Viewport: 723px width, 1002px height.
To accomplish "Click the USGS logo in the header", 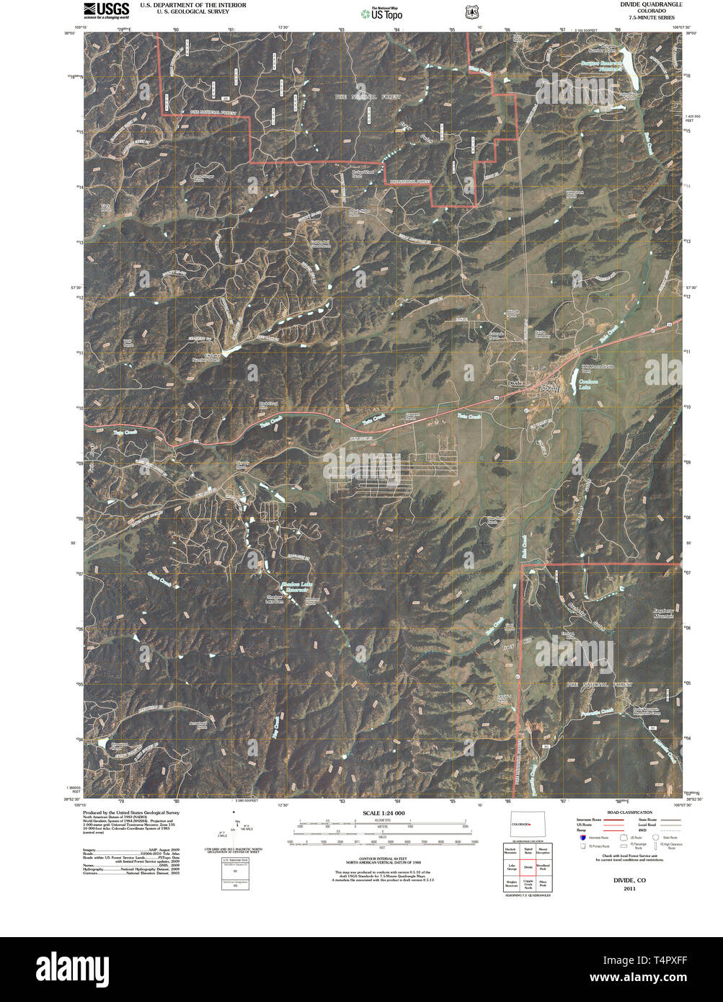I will click(x=107, y=10).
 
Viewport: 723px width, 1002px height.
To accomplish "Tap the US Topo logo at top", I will click(x=382, y=13).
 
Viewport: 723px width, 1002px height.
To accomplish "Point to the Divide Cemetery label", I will click(x=543, y=334).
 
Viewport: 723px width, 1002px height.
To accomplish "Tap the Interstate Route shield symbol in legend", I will click(x=582, y=838).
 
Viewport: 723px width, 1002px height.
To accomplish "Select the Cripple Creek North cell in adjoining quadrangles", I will click(x=528, y=882).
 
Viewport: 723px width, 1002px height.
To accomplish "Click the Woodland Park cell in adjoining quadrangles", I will click(x=543, y=867).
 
